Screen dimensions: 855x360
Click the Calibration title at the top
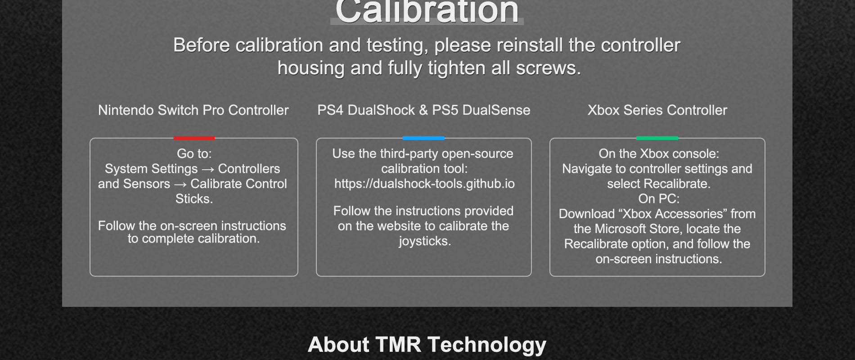pos(427,11)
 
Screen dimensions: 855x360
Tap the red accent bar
pos(194,138)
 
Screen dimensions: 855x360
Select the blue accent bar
pos(423,138)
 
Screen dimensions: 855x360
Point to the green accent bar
pos(657,138)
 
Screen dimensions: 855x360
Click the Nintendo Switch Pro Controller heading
pos(193,110)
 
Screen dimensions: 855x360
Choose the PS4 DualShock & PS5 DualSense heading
pos(424,110)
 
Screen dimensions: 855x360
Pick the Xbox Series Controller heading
pos(657,110)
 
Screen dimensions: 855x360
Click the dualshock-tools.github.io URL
pos(424,184)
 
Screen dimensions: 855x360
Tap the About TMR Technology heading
pos(427,345)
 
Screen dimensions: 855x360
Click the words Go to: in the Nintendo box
pos(194,154)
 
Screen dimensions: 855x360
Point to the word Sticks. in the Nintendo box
pos(194,199)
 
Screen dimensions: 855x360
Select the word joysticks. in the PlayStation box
pos(425,241)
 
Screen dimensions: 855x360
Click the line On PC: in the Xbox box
pos(659,199)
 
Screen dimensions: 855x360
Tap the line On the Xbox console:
pos(659,154)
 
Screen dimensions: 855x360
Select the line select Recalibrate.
pos(659,184)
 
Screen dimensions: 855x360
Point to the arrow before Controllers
pos(208,170)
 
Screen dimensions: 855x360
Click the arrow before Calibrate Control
pos(180,184)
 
